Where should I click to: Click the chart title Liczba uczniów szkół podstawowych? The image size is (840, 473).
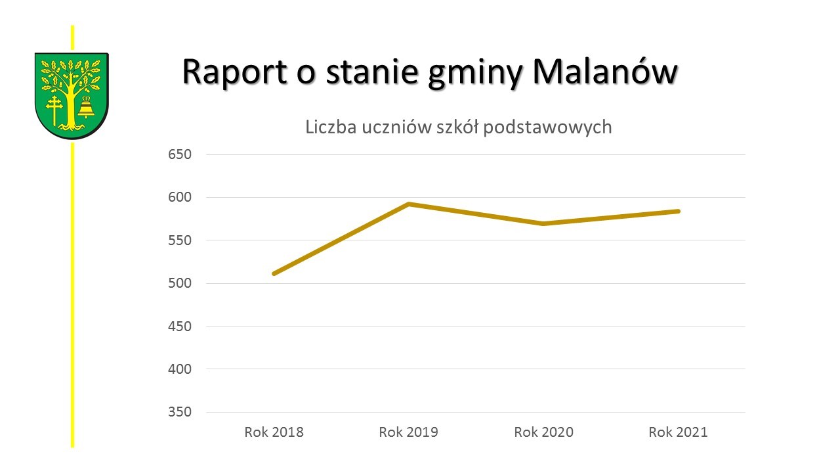click(458, 127)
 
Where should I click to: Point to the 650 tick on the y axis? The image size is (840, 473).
click(179, 155)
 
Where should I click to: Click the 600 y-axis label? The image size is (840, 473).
click(179, 198)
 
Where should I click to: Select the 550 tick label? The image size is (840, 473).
click(179, 240)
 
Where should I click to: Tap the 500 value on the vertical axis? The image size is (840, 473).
click(179, 283)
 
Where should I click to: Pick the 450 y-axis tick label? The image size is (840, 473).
click(179, 327)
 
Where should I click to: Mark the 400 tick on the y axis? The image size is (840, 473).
click(179, 369)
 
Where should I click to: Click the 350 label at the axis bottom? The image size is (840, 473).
click(179, 412)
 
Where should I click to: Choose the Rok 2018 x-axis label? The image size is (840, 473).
click(274, 432)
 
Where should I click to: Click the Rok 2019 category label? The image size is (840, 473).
click(408, 432)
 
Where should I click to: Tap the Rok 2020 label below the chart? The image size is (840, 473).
click(543, 432)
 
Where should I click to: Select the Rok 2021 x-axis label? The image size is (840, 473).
click(678, 432)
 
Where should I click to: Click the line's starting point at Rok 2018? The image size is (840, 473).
click(274, 273)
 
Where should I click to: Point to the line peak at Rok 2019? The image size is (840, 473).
click(408, 204)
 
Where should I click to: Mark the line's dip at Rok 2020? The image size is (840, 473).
click(543, 223)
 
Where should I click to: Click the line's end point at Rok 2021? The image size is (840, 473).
click(678, 211)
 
